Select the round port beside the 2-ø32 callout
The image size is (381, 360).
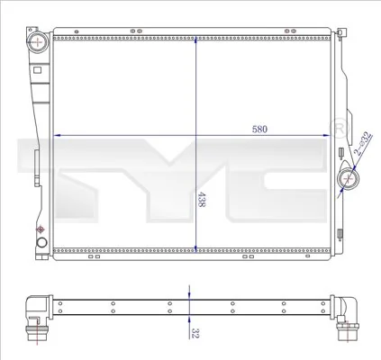point(347,180)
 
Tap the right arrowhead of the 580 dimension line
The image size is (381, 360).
point(330,136)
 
